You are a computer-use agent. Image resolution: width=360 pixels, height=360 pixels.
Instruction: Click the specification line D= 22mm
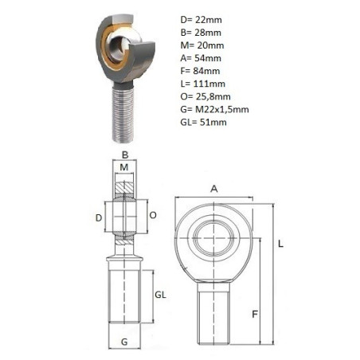201,20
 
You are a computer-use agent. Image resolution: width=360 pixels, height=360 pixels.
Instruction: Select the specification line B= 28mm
201,33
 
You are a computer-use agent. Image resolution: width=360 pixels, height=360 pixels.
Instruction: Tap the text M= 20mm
202,45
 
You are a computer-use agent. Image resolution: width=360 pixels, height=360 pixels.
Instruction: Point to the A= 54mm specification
201,58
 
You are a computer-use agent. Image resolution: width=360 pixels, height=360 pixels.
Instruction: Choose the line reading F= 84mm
200,71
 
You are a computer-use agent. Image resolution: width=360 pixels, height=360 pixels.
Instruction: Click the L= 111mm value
203,84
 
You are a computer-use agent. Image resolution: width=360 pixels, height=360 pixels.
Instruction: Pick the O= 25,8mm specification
205,96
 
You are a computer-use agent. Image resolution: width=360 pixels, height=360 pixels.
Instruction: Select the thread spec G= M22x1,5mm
214,109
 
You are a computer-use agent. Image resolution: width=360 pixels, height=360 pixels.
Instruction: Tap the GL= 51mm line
203,122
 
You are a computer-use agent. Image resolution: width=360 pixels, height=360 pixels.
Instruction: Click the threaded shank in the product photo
123,114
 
